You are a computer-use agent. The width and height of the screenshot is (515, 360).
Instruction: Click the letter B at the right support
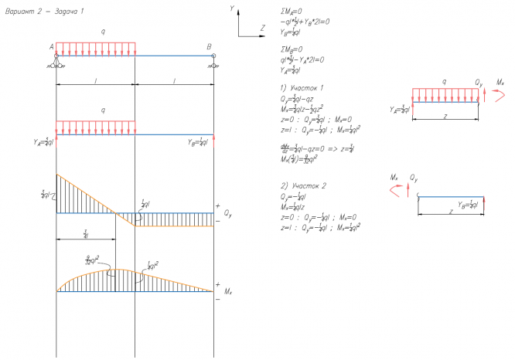click(x=209, y=47)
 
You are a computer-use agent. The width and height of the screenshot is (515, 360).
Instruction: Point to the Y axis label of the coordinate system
click(x=232, y=7)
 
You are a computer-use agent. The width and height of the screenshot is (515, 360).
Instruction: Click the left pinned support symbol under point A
click(x=56, y=63)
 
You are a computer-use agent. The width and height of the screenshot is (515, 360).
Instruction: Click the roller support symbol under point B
click(x=213, y=63)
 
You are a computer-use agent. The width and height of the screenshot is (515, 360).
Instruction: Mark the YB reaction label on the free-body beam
click(x=199, y=142)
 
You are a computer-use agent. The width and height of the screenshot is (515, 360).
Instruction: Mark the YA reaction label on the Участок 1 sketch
click(x=401, y=110)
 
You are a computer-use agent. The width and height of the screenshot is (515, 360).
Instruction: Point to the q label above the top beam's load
click(x=103, y=32)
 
